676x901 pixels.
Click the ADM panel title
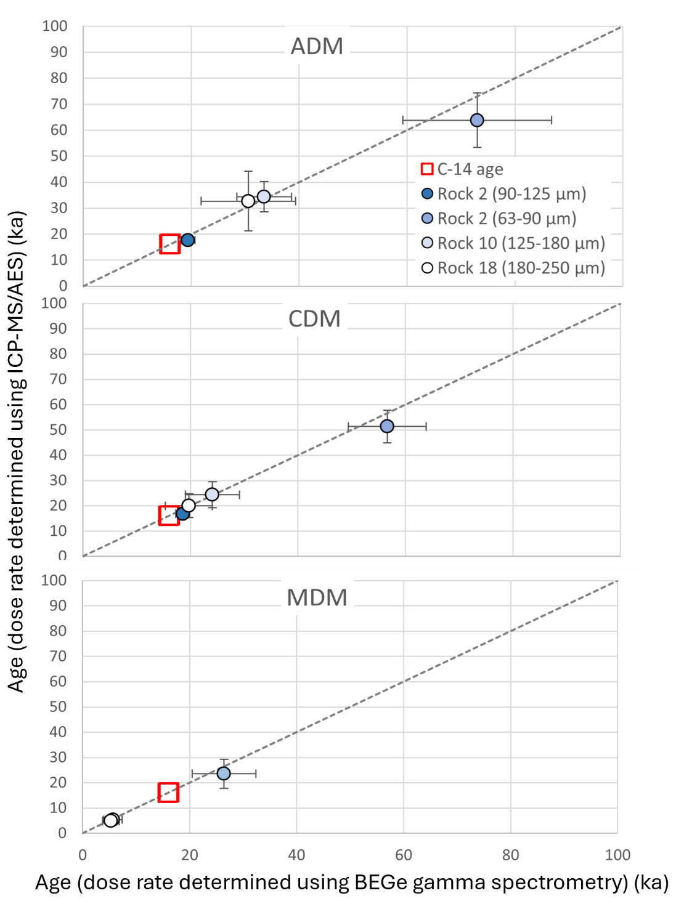317,47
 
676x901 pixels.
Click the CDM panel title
314,319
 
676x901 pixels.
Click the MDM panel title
317,598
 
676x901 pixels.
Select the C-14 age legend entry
462,169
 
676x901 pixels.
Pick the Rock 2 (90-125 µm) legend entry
503,194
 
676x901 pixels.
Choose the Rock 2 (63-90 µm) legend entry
499,219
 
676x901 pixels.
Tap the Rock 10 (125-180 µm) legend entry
513,243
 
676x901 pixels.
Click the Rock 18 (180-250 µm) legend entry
513,268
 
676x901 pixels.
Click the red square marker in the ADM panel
170,244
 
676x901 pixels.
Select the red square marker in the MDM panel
168,793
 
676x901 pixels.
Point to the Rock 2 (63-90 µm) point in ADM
477,120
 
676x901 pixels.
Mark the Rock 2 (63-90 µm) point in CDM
387,426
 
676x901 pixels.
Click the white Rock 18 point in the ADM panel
248,201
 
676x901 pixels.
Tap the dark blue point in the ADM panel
188,240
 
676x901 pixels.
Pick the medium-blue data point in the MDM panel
224,773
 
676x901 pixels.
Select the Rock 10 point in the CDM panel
212,495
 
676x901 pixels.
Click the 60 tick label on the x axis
404,855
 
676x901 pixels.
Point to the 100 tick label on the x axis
617,855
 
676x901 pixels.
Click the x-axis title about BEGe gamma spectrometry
352,883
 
